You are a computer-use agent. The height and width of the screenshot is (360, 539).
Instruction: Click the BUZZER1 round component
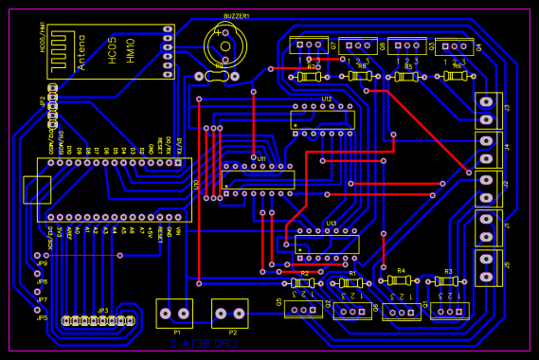coord(225,44)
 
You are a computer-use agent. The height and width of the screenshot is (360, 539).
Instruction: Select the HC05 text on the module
coord(112,52)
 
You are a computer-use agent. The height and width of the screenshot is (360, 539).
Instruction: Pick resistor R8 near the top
coord(358,76)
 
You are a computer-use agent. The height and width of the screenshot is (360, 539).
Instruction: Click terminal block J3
coord(489,110)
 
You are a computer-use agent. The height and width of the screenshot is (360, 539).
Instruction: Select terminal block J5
coord(489,267)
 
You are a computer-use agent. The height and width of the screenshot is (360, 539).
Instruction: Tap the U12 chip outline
coord(323,119)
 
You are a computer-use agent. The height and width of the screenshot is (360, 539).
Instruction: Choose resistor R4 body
coord(399,280)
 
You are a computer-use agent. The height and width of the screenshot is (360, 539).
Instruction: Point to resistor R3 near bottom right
coord(446,281)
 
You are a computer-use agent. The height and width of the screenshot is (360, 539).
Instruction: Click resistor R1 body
coord(350,282)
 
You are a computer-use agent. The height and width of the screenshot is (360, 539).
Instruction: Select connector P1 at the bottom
coord(174,313)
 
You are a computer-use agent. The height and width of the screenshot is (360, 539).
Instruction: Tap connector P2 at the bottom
coord(229,313)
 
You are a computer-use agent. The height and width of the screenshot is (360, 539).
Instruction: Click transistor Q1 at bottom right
coord(449,309)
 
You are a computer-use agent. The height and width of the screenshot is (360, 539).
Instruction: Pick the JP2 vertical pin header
coord(53,106)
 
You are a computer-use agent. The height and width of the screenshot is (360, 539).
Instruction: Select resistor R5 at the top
coord(407,77)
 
